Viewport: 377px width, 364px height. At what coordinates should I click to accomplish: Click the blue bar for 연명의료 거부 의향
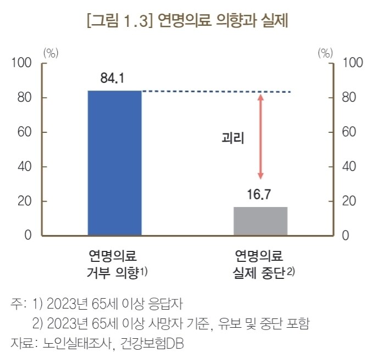click(115, 163)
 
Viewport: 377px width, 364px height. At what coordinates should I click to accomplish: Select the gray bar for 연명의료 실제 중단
click(260, 221)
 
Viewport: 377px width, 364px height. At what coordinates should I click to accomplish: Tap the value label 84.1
click(113, 79)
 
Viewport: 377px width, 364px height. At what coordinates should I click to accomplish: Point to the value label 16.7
click(260, 195)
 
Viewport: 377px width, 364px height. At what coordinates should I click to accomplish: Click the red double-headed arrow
click(261, 137)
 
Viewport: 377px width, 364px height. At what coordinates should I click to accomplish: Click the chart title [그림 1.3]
click(118, 22)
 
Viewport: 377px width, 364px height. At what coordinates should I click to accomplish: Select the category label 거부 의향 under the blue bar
click(113, 272)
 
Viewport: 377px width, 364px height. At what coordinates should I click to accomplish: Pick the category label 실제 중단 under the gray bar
click(258, 272)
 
